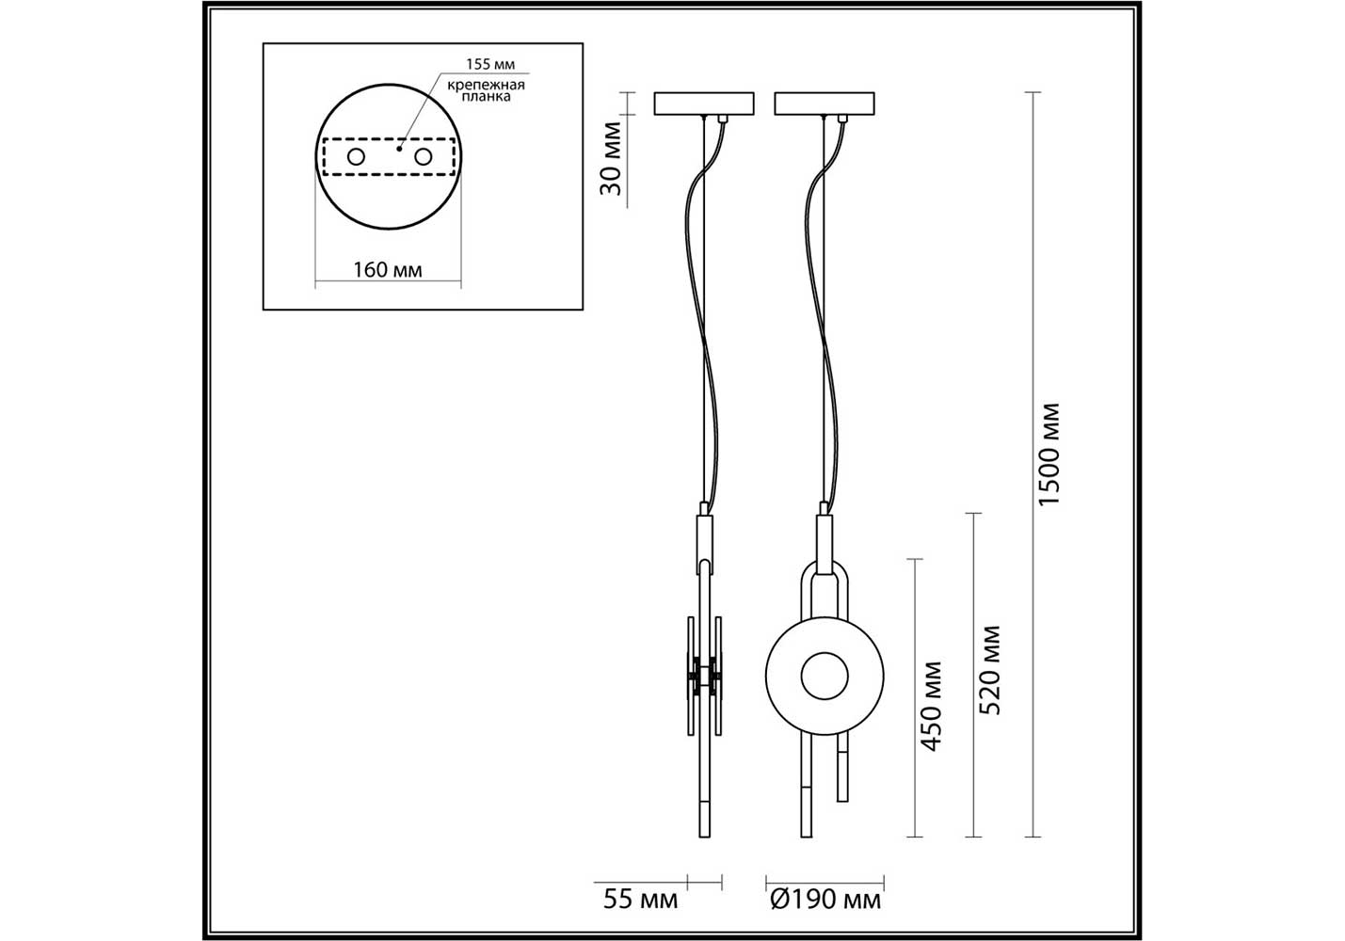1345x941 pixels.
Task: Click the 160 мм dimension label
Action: pos(387,270)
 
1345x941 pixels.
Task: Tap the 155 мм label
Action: pos(490,64)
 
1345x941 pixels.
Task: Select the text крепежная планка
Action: pos(487,90)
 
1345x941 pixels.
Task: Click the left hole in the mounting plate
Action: pos(356,157)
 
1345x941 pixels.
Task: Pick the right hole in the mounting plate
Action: pos(424,157)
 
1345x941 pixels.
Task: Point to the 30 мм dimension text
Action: pos(611,158)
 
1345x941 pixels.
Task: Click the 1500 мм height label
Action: pos(1049,455)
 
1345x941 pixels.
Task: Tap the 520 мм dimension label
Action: pos(989,670)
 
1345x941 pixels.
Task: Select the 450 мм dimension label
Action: pos(931,706)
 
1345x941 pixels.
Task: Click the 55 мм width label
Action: pos(640,917)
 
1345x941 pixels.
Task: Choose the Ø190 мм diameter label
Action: pos(825,917)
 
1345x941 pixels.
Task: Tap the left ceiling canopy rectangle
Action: pos(704,104)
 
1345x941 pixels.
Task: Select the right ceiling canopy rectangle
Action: pos(825,104)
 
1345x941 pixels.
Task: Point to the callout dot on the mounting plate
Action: pos(399,149)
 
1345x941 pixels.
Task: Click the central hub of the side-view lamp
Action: pos(704,676)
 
